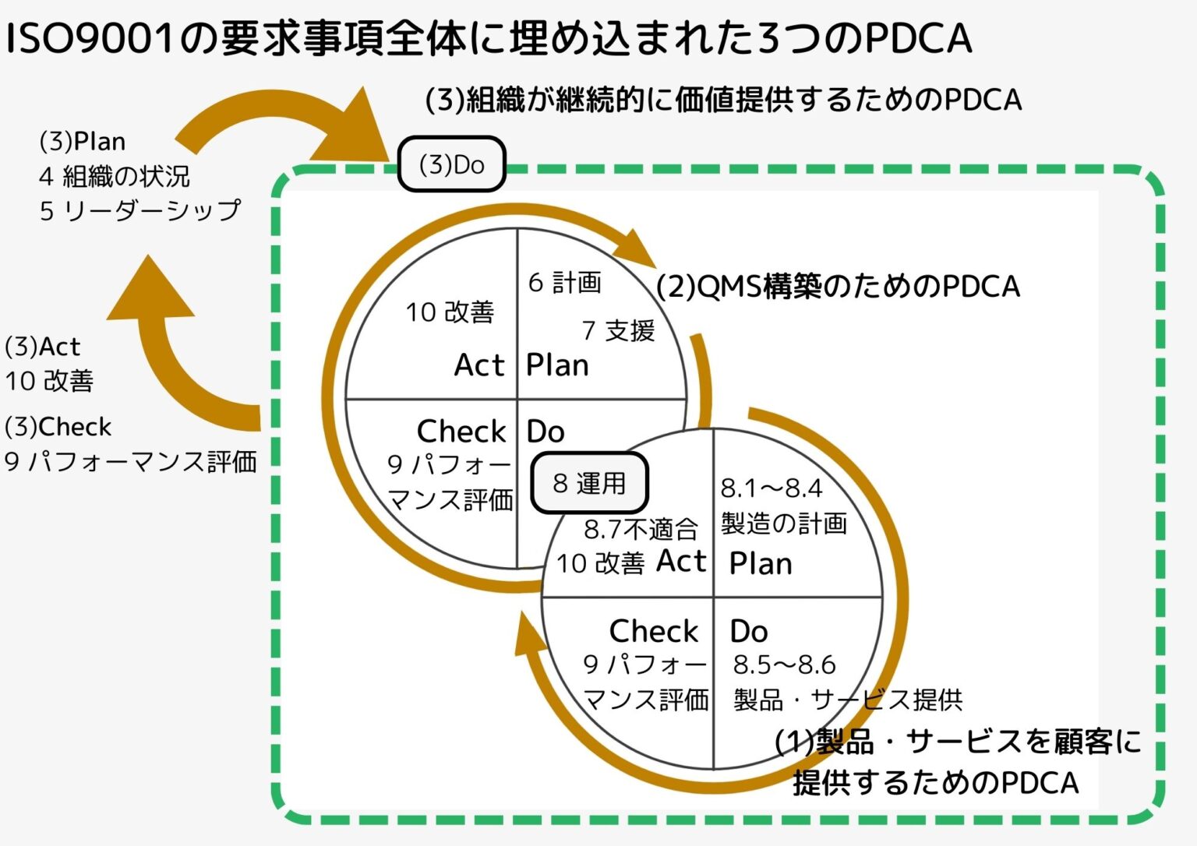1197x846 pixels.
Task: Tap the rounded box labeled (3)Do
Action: coord(451,164)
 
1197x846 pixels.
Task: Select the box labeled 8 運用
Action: coord(589,483)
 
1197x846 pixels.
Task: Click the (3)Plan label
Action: coord(82,142)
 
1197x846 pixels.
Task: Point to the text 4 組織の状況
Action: coord(114,176)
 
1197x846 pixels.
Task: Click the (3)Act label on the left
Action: coord(42,346)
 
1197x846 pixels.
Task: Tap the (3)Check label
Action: coord(58,427)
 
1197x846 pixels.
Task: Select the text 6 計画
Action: coord(564,282)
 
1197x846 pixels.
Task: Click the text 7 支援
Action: coord(618,330)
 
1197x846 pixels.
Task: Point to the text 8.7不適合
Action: coord(640,530)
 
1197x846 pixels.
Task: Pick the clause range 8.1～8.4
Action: coord(771,488)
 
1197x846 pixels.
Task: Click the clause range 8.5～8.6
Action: coord(784,664)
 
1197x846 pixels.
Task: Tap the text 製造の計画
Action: coord(783,523)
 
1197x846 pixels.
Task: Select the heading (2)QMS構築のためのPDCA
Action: coord(838,287)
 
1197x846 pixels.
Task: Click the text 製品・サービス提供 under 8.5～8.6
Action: coord(847,700)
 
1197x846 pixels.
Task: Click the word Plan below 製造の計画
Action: coord(760,563)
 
